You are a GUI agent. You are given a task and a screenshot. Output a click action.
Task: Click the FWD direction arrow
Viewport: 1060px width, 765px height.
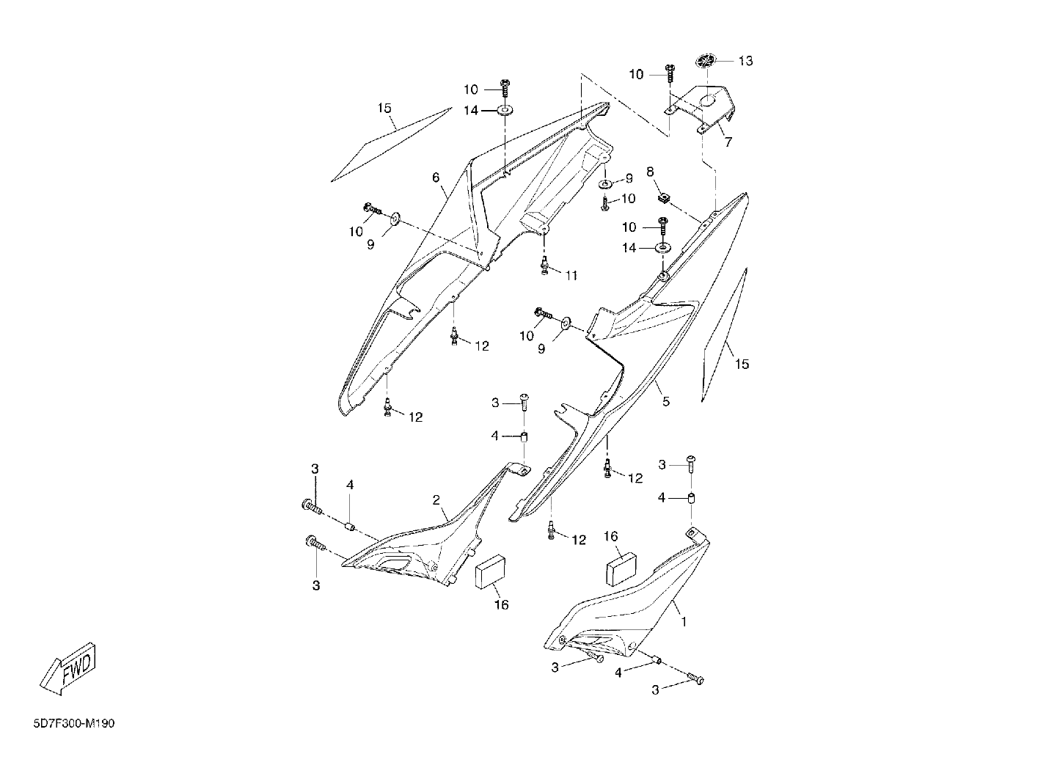(x=68, y=668)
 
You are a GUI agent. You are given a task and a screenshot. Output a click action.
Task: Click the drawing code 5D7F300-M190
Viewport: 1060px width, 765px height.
(x=74, y=723)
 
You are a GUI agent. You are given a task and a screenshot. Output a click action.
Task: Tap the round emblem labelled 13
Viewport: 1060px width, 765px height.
(x=706, y=61)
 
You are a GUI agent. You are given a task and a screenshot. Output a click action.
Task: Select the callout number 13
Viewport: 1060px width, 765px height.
(x=745, y=61)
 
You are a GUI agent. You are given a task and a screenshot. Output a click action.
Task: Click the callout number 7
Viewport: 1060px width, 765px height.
(x=728, y=142)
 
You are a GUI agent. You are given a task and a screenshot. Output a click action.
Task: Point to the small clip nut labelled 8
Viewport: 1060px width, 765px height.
(x=664, y=197)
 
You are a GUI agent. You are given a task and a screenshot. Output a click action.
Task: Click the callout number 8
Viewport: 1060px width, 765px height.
(x=650, y=171)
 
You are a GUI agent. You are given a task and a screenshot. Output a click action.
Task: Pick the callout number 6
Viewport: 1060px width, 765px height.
(x=436, y=177)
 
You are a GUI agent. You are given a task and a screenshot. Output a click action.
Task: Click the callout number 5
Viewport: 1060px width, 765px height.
(x=666, y=402)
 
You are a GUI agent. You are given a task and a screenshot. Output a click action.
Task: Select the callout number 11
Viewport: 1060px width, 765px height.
(x=571, y=275)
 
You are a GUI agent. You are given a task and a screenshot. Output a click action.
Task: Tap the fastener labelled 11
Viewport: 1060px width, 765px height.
(x=544, y=266)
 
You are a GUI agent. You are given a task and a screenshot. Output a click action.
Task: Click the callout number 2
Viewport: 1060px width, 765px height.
(x=436, y=500)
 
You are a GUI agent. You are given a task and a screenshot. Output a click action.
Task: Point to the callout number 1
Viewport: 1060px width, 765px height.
(x=683, y=621)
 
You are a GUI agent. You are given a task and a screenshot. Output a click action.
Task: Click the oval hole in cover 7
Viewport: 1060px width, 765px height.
(x=710, y=100)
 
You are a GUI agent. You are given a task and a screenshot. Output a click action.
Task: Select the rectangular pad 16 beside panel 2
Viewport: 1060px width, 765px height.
(x=490, y=572)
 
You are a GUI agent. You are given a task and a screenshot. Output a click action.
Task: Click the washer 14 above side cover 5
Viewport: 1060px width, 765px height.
(x=662, y=247)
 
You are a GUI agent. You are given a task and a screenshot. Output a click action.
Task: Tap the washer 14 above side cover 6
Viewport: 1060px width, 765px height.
(x=505, y=110)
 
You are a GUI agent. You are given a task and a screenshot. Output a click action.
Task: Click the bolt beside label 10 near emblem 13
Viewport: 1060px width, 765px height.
(x=670, y=74)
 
